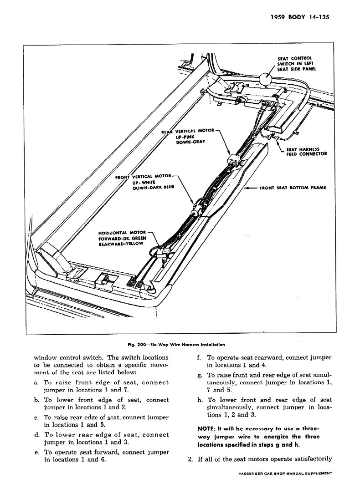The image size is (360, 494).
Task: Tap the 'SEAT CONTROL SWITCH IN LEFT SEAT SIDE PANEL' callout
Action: (297, 64)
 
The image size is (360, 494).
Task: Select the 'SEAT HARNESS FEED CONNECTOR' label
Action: (306, 151)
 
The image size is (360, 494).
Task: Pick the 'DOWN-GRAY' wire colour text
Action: (190, 142)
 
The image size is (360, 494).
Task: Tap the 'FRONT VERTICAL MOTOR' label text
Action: (144, 177)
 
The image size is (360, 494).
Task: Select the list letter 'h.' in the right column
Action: (200, 399)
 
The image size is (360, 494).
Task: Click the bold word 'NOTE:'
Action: (208, 429)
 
